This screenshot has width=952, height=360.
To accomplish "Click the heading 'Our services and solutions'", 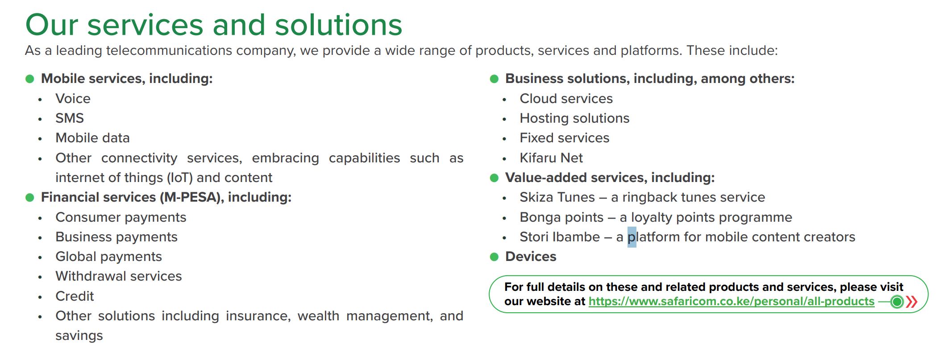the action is point(214,25).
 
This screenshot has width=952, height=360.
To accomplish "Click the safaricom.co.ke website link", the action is point(732,302).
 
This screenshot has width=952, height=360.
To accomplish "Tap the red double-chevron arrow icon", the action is point(912,302).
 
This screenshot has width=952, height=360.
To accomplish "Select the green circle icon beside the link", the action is point(897,302).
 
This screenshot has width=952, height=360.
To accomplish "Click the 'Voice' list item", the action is point(73,99).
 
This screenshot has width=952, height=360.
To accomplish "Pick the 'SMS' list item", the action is point(70,118).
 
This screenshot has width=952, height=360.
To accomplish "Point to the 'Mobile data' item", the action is point(92,138).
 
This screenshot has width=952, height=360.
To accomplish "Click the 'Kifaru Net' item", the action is point(551,158).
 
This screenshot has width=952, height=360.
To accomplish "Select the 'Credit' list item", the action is point(75,296).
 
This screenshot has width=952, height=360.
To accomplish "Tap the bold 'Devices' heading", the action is point(531,257).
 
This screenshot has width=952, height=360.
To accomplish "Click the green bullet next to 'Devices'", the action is point(494,257).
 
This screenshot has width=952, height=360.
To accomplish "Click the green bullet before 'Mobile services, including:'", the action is point(30,79).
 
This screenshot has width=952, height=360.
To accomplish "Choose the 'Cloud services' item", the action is point(566,99).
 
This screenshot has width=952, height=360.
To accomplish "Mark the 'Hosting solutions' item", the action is point(574,118).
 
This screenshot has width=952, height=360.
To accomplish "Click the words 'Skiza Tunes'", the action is point(557,197).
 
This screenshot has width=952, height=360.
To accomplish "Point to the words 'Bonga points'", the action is point(561,217).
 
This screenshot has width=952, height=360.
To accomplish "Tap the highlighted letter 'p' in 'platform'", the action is point(632,237).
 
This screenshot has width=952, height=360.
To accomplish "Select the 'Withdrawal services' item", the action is point(119,276).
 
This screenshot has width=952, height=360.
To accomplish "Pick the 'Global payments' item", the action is point(108,257).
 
